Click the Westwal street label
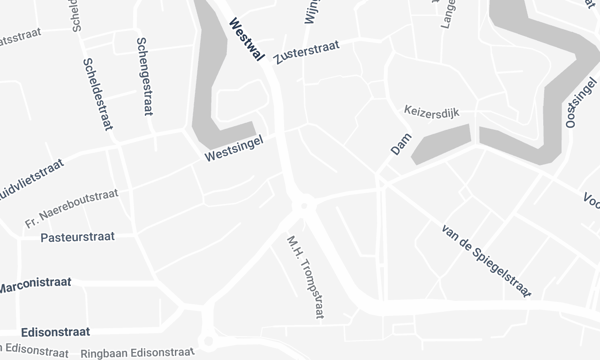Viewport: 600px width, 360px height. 245,38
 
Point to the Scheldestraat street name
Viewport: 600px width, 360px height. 96,92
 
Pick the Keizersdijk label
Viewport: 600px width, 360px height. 431,109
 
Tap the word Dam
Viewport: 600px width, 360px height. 400,146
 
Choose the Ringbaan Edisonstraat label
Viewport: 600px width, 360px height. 137,353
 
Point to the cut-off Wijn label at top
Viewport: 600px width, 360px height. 310,10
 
